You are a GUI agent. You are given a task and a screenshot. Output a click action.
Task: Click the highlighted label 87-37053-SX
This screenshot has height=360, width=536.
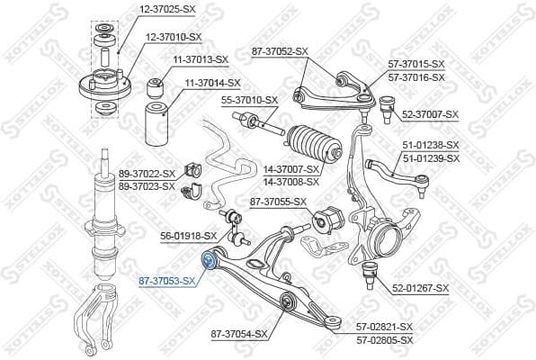(167, 281)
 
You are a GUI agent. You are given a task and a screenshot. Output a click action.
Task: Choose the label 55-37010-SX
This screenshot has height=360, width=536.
(250, 100)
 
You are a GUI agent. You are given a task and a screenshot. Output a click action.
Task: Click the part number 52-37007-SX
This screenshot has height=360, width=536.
(430, 114)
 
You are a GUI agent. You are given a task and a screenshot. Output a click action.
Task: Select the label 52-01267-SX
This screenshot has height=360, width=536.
(423, 288)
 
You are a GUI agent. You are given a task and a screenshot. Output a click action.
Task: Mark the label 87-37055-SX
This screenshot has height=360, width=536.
(278, 202)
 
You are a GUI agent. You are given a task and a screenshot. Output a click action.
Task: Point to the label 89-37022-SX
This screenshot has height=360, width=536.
(147, 174)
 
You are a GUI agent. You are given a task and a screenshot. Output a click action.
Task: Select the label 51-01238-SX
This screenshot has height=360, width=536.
(430, 145)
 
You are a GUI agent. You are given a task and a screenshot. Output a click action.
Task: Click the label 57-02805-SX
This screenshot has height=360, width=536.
(384, 339)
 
